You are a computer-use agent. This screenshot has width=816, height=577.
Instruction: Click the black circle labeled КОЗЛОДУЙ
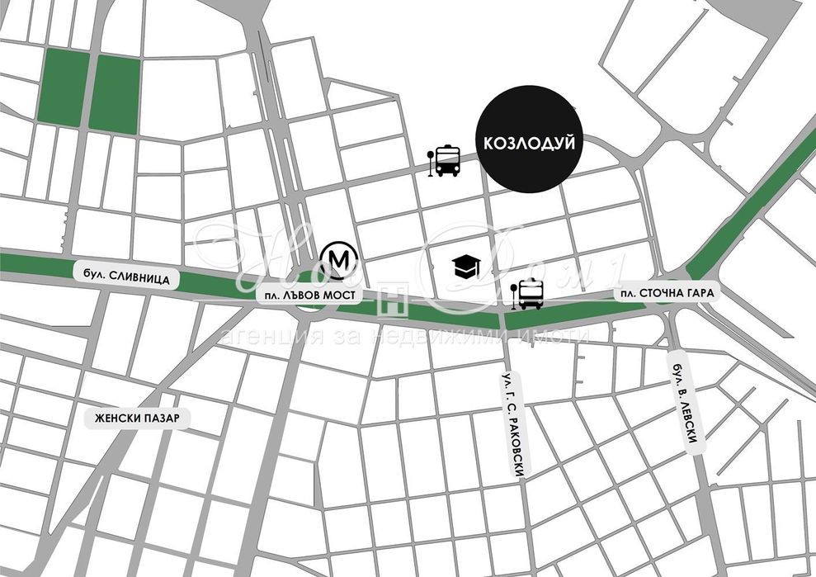(529, 142)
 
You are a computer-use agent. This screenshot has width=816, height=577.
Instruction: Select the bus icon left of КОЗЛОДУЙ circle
(447, 161)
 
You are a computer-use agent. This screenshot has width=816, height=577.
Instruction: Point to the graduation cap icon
(466, 266)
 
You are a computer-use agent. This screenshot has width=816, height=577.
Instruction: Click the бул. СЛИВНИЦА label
(126, 280)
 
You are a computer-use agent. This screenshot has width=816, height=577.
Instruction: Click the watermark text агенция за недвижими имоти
(404, 336)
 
